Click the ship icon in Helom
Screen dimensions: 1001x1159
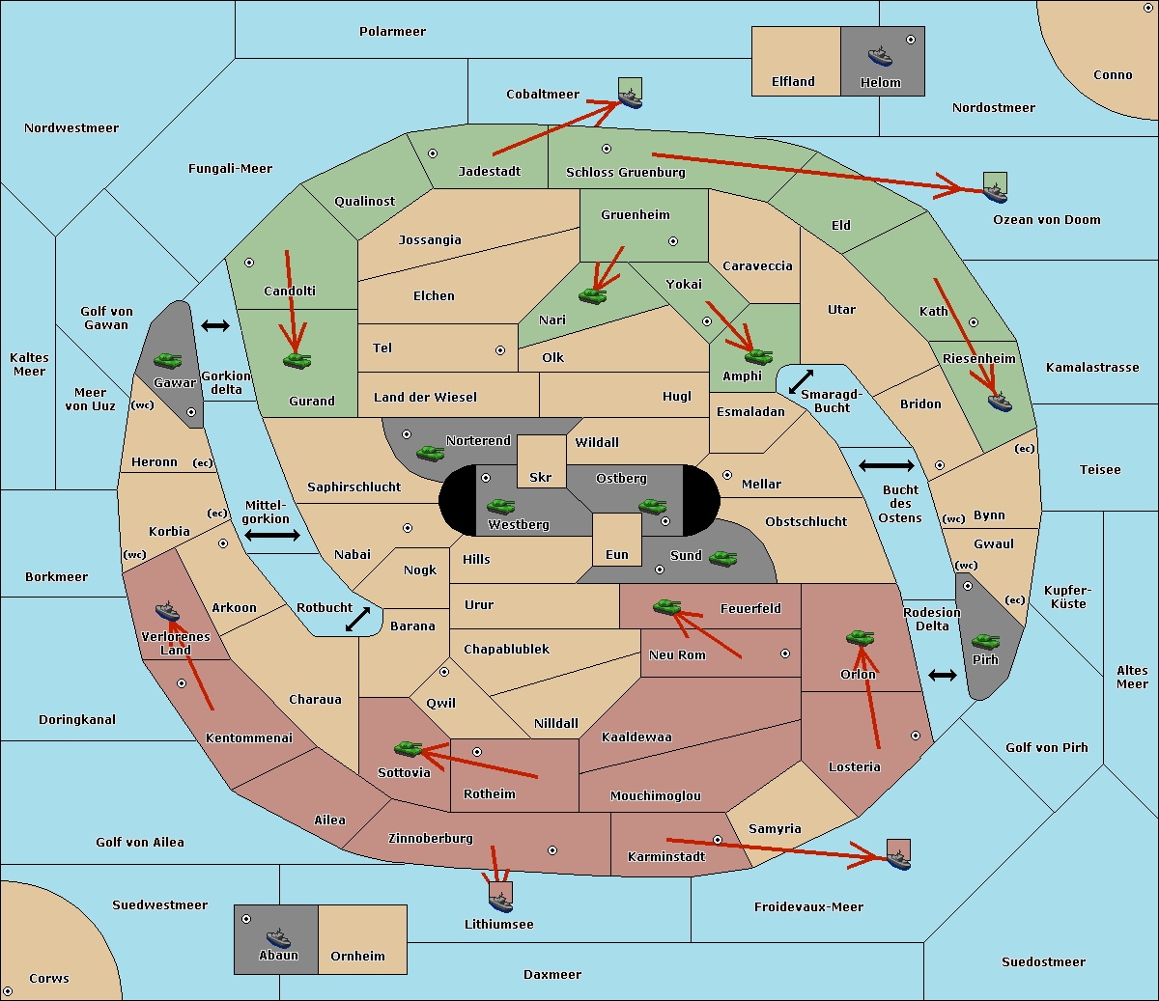880,55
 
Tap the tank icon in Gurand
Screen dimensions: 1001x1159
297,360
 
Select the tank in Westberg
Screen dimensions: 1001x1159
500,506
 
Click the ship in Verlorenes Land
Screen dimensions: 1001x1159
167,611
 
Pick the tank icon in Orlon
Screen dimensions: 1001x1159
860,638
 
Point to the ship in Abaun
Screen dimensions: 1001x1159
278,937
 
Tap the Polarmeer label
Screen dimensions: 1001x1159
392,32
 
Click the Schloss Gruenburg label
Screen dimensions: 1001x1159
625,173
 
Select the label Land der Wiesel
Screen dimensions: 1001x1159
425,397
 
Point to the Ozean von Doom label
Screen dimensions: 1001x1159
1046,220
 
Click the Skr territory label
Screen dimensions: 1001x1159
540,478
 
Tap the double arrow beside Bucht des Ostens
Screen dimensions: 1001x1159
886,466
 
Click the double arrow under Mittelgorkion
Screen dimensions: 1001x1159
272,536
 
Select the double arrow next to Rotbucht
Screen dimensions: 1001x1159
358,620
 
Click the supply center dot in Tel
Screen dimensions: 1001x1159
500,350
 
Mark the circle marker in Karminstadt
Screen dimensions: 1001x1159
718,840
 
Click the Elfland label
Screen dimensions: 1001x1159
793,82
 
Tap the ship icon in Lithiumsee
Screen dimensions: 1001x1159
500,902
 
